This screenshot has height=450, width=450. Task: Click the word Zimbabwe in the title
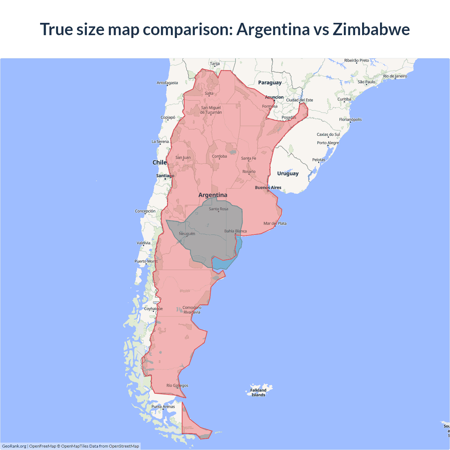[x=371, y=29]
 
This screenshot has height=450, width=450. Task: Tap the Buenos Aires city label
[x=268, y=187]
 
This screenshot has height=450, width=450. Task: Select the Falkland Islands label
[x=258, y=392]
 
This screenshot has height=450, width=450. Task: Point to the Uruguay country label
[x=288, y=173]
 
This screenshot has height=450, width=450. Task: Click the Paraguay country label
[x=270, y=83]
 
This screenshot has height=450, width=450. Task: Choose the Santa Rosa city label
[x=218, y=209]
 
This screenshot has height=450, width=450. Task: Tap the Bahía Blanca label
[x=236, y=231]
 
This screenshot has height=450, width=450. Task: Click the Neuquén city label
[x=187, y=233]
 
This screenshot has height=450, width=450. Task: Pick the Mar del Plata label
[x=275, y=223]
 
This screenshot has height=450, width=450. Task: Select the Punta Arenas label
[x=163, y=406]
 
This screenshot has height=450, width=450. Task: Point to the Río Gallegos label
[x=177, y=385]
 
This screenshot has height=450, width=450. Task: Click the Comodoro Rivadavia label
[x=192, y=310]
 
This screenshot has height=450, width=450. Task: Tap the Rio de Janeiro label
[x=395, y=76]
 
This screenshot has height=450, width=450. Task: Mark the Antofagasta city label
[x=167, y=83]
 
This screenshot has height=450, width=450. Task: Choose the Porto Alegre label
[x=328, y=143]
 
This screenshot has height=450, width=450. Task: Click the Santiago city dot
[x=165, y=179]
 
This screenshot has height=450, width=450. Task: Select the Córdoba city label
[x=219, y=156]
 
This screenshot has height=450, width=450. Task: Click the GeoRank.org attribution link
[x=14, y=446]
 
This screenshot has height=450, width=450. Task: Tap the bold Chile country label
[x=159, y=162]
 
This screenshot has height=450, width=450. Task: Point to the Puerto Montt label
[x=146, y=261]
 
